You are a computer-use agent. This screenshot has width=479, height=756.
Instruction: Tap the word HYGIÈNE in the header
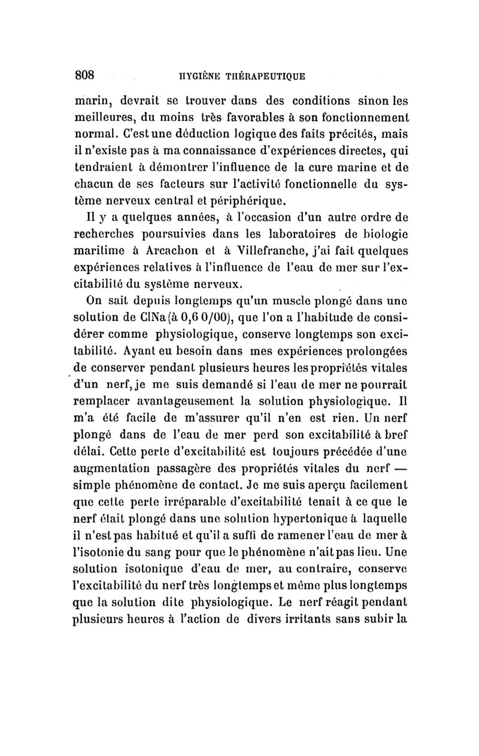(x=189, y=76)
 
